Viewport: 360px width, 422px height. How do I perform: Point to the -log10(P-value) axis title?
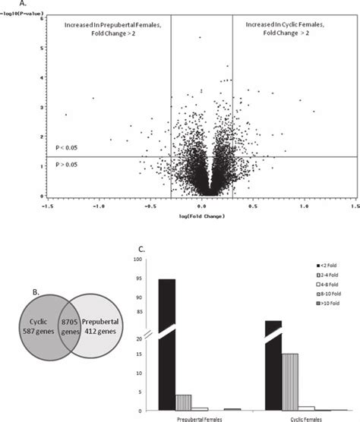21,13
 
